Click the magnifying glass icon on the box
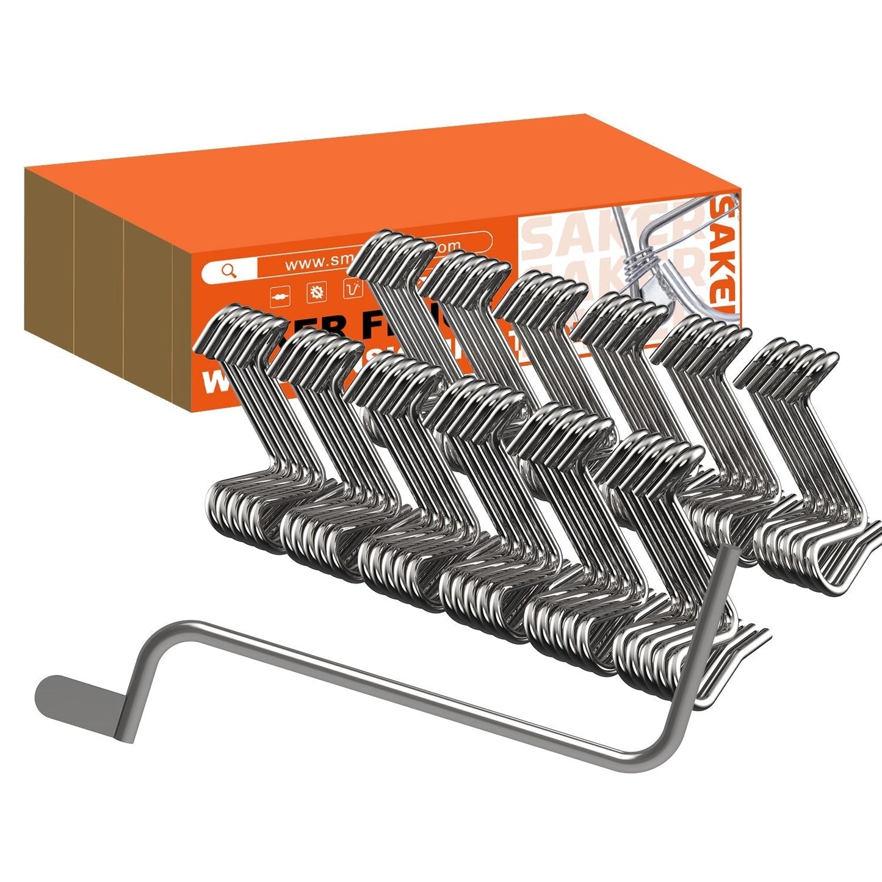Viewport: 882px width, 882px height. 229,270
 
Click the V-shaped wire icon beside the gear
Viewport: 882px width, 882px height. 353,288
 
